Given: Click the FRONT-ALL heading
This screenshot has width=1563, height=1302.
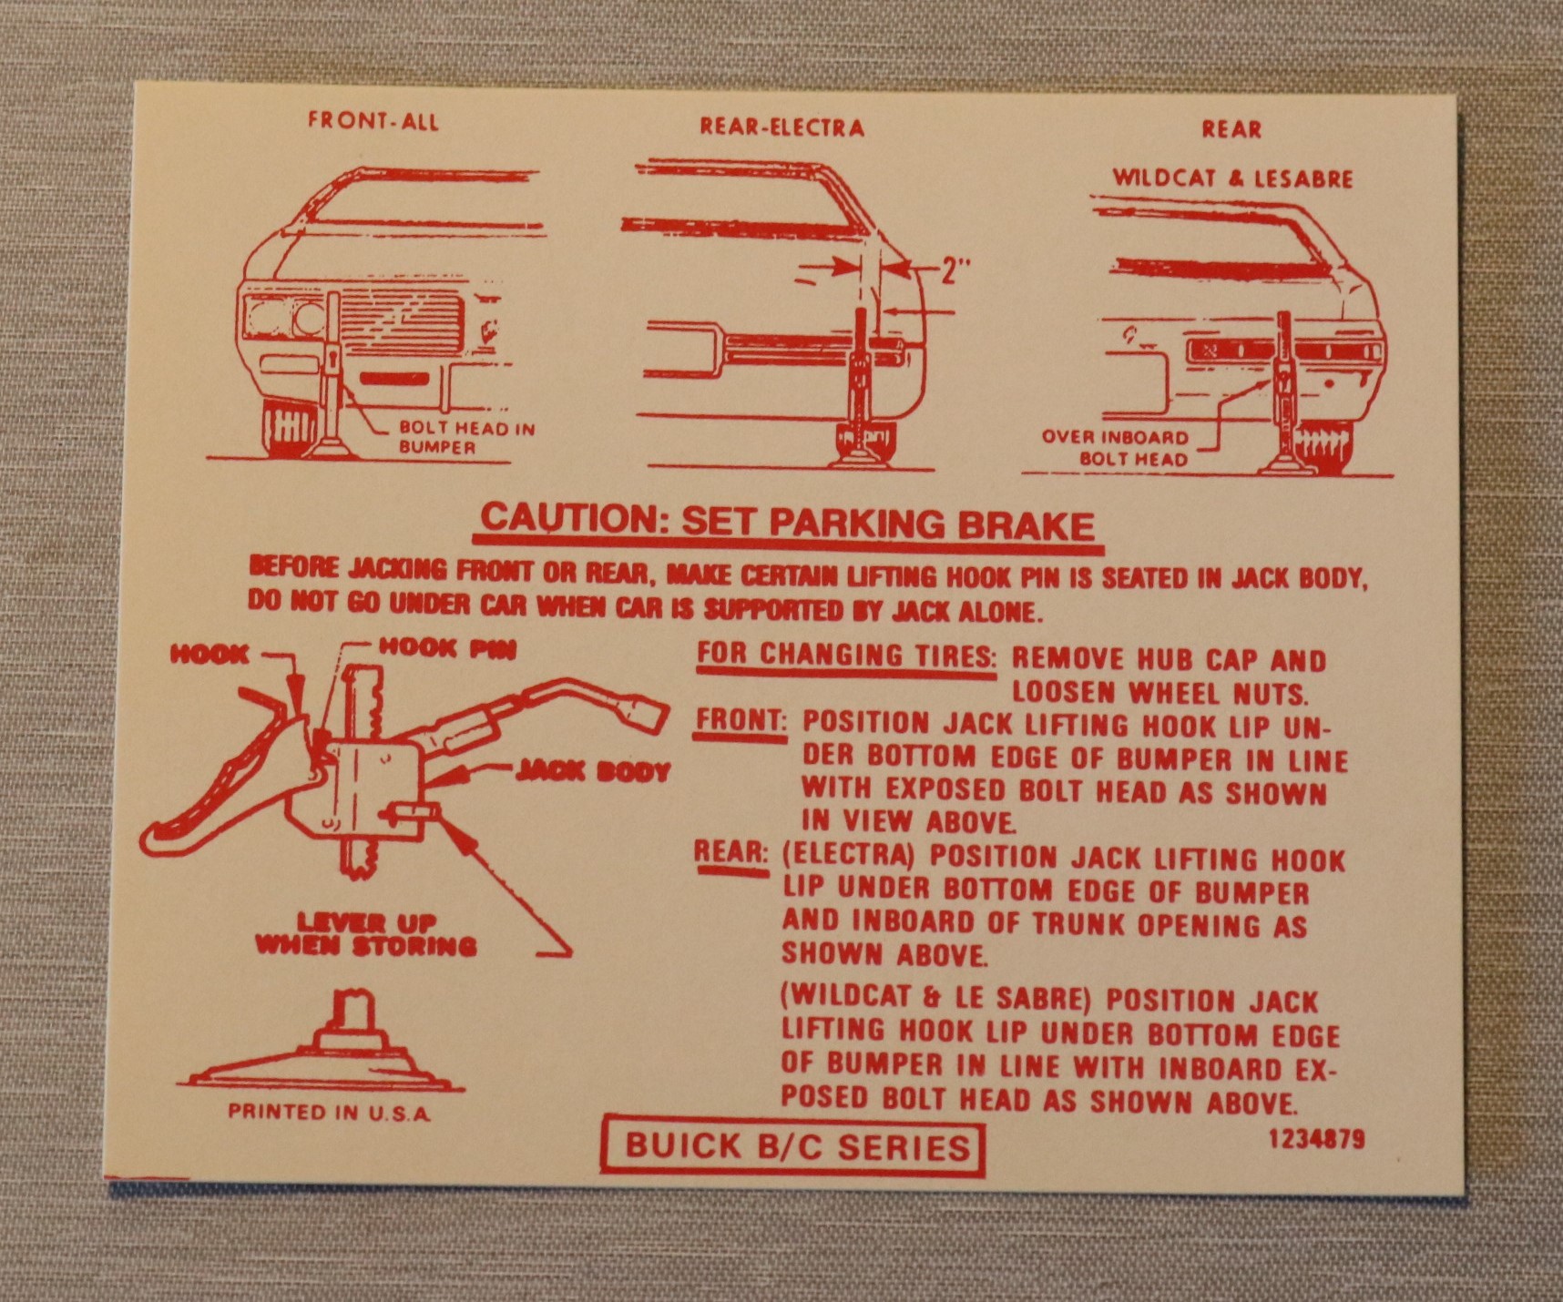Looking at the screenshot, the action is (373, 121).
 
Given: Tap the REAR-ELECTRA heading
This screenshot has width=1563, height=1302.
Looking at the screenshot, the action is (781, 127).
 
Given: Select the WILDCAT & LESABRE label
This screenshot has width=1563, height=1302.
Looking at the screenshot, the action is (1232, 178).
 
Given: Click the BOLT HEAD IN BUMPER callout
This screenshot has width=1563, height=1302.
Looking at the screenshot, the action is (466, 438).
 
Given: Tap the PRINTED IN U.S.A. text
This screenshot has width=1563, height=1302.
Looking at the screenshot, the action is (329, 1112).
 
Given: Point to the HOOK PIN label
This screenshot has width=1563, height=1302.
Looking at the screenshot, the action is (447, 648).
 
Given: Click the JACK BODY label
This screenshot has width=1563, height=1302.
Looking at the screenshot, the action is (593, 772).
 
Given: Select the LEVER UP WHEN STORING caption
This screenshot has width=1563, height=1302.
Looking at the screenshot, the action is (365, 934).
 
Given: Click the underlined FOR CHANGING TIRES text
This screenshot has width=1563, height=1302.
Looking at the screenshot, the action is (846, 655).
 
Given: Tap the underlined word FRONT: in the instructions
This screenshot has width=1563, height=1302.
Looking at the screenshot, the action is (741, 721).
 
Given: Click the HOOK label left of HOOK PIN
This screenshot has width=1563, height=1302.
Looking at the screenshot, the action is (209, 655).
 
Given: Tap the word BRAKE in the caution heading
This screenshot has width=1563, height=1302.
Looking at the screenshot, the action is (1032, 526).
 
